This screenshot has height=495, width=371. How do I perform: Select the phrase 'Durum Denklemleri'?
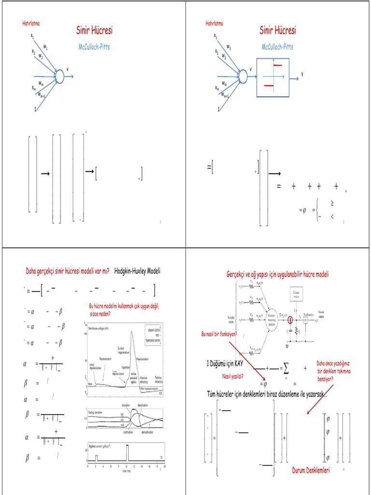pyautogui.click(x=311, y=470)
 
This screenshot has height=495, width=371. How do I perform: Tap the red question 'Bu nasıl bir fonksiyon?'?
pyautogui.click(x=219, y=334)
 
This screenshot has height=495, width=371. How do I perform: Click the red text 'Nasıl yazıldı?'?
pyautogui.click(x=232, y=376)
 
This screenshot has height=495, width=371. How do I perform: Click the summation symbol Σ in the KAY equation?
pyautogui.click(x=286, y=369)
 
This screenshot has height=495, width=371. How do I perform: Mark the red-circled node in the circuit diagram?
pyautogui.click(x=290, y=320)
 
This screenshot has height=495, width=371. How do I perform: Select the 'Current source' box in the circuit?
pyautogui.click(x=296, y=293)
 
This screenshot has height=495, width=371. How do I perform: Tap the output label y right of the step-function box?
pyautogui.click(x=302, y=74)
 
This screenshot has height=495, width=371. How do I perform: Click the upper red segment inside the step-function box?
pyautogui.click(x=278, y=65)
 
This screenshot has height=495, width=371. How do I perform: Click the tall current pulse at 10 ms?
pyautogui.click(x=127, y=453)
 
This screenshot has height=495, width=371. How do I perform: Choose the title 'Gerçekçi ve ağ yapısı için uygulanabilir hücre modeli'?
pyautogui.click(x=277, y=274)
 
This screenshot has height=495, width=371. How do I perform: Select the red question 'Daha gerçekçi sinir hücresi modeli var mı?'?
pyautogui.click(x=67, y=271)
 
